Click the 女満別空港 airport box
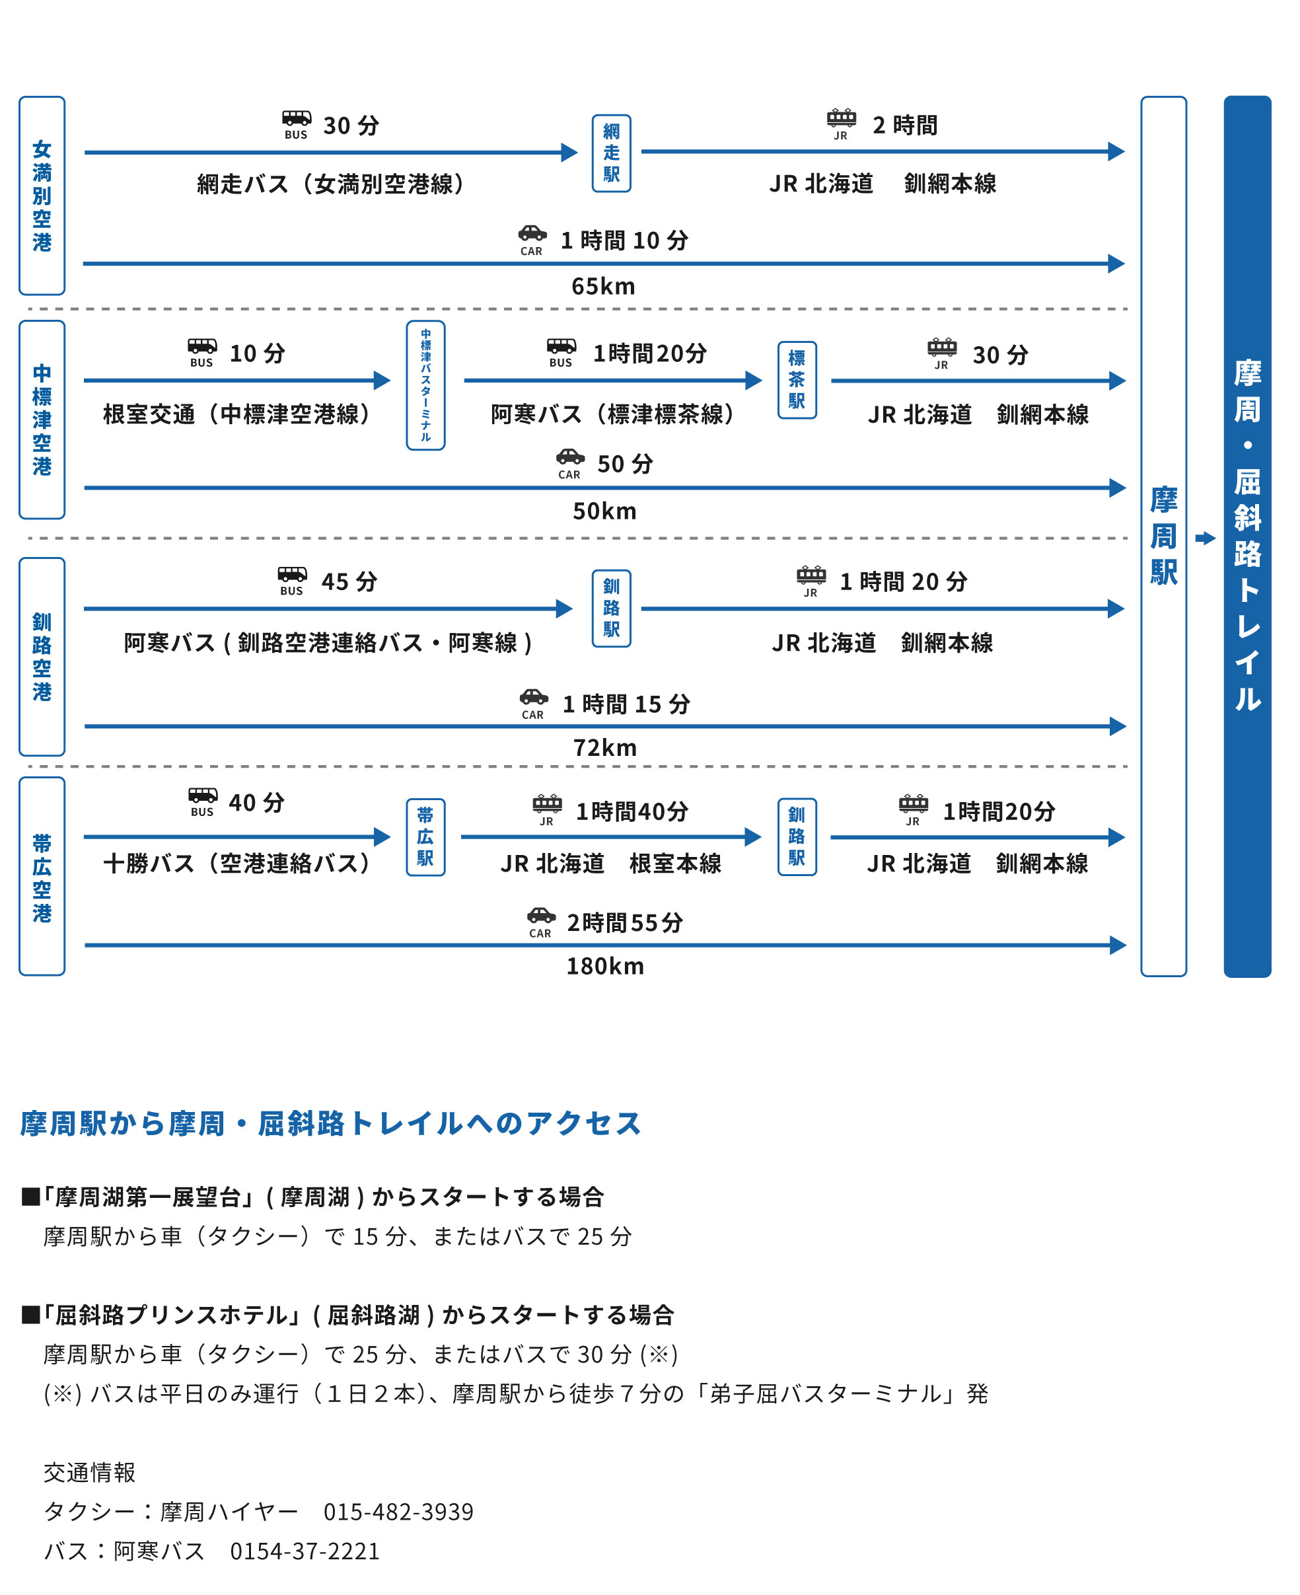(x=42, y=196)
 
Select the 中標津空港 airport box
(x=42, y=420)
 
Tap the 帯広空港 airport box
(x=42, y=876)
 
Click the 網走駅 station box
(x=611, y=153)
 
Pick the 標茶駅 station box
(x=797, y=380)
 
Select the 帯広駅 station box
(x=425, y=837)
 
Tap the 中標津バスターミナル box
(x=425, y=386)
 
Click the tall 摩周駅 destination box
(x=1164, y=536)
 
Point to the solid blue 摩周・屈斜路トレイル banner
(x=1248, y=536)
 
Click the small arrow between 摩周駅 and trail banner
(x=1205, y=538)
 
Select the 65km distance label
(x=604, y=286)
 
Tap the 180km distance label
(x=605, y=966)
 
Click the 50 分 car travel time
(x=626, y=464)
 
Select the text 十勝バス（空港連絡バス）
(x=236, y=864)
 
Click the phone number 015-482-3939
(x=398, y=1511)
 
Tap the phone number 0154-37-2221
(x=305, y=1551)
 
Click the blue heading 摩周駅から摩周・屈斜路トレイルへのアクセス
(x=331, y=1123)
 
